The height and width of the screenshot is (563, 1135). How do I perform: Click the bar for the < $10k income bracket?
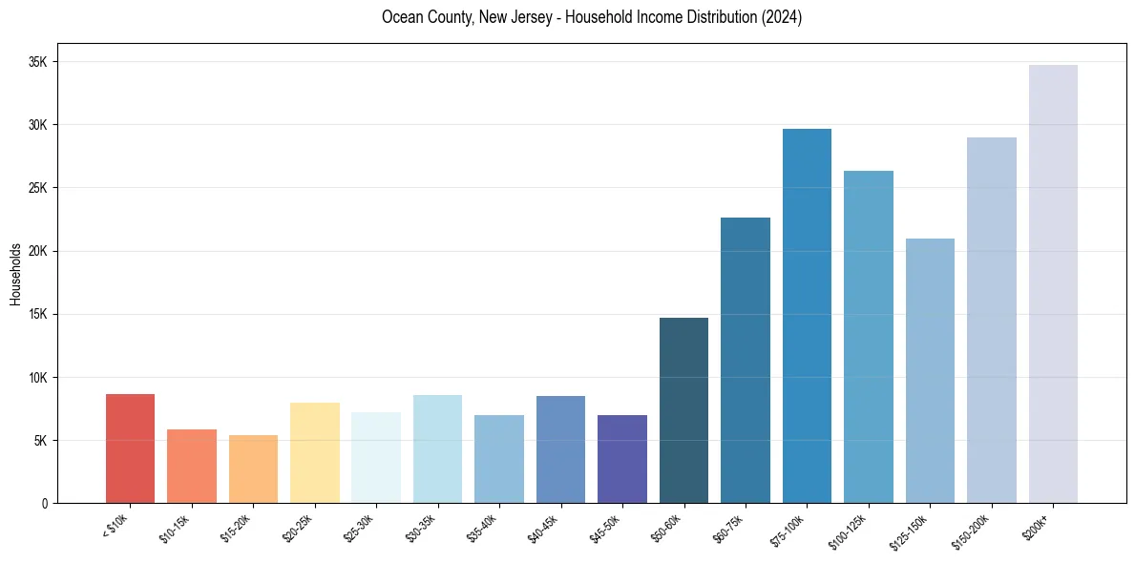pyautogui.click(x=130, y=448)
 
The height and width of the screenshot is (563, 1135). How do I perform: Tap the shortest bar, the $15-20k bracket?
pyautogui.click(x=253, y=469)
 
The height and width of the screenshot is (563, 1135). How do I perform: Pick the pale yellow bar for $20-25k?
pyautogui.click(x=315, y=452)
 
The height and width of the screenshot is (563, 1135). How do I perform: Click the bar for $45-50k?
pyautogui.click(x=622, y=459)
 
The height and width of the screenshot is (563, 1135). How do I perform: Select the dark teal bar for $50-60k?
pyautogui.click(x=683, y=410)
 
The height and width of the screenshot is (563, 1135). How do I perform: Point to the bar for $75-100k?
pyautogui.click(x=807, y=316)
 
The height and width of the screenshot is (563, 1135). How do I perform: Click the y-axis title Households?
pyautogui.click(x=15, y=274)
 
